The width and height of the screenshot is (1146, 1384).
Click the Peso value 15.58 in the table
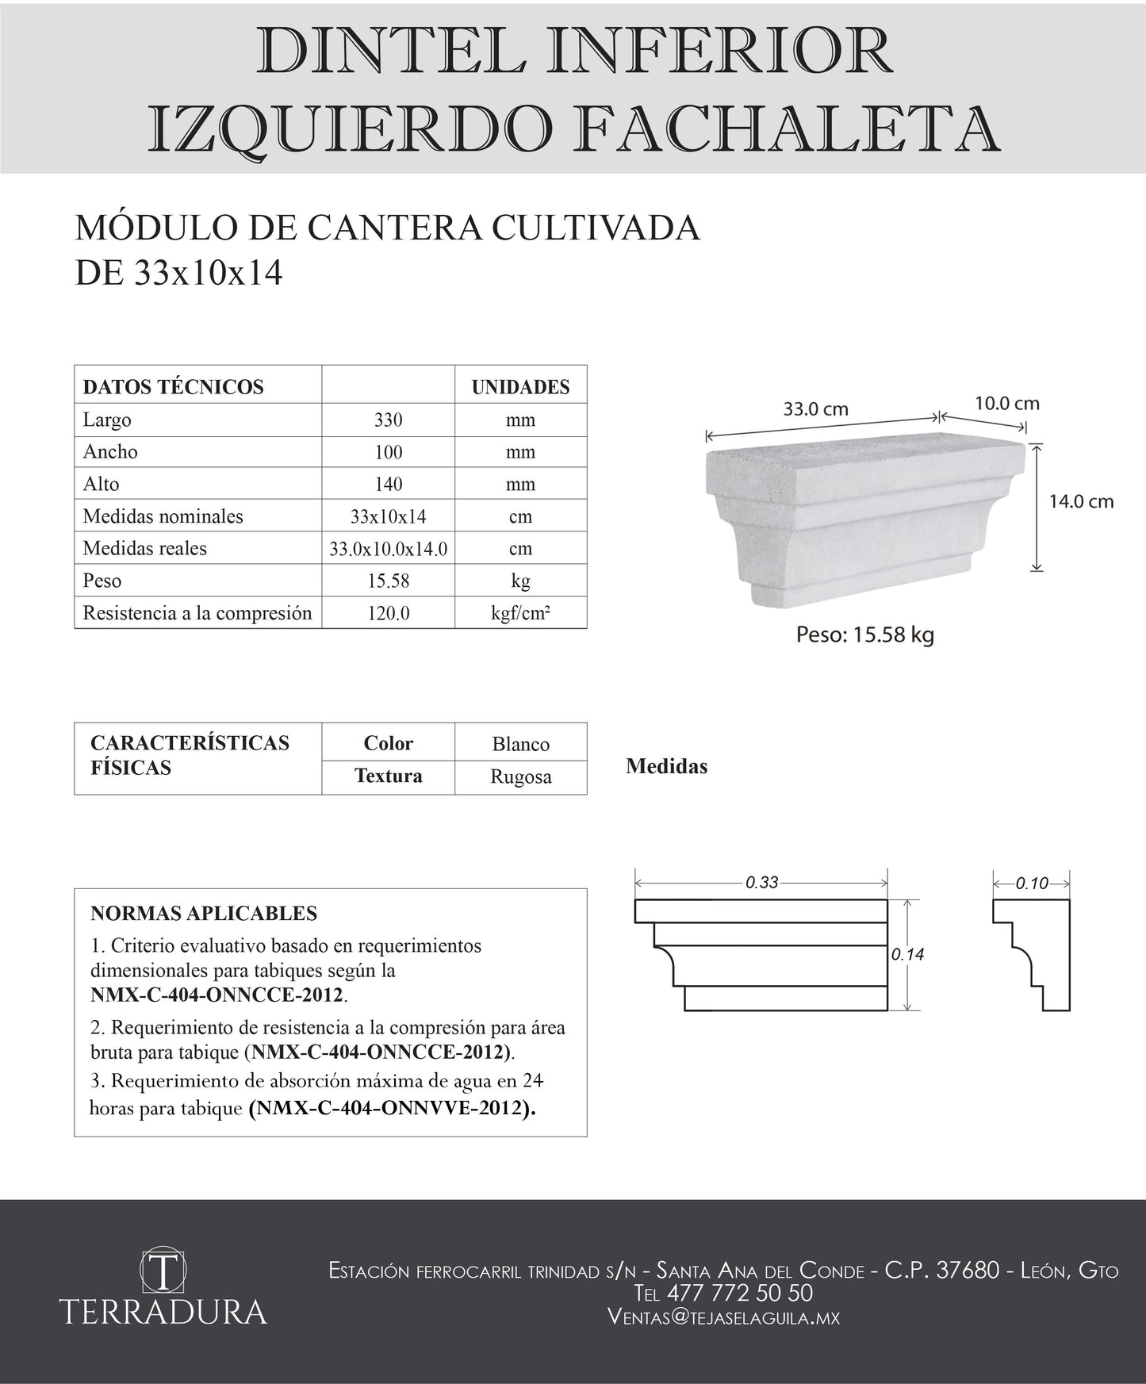click(x=388, y=581)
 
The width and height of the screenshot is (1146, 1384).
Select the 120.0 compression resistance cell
click(x=388, y=613)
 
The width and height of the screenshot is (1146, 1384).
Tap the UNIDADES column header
click(x=520, y=387)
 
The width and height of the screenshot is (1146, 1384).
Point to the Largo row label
click(x=107, y=420)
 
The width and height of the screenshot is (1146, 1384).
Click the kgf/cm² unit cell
click(x=520, y=613)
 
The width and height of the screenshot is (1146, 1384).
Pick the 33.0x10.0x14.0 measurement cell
click(x=388, y=549)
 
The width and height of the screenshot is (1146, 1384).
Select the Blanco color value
click(x=520, y=744)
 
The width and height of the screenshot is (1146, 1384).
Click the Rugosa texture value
click(x=520, y=776)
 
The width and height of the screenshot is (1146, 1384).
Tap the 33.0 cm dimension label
click(x=816, y=409)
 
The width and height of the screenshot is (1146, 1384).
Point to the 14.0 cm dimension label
click(x=1081, y=501)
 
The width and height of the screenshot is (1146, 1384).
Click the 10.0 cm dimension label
click(x=1006, y=403)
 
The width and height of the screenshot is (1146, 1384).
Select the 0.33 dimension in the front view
click(x=761, y=882)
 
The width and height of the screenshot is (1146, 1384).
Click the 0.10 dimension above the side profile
click(x=1032, y=883)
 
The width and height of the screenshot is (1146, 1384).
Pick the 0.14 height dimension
click(x=907, y=955)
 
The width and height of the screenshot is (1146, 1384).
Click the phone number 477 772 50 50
click(x=739, y=1293)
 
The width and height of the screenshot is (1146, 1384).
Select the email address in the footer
click(x=722, y=1317)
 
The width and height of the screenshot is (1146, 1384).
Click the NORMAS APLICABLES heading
click(x=204, y=913)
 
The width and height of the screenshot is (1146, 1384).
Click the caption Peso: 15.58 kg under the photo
click(x=864, y=634)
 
